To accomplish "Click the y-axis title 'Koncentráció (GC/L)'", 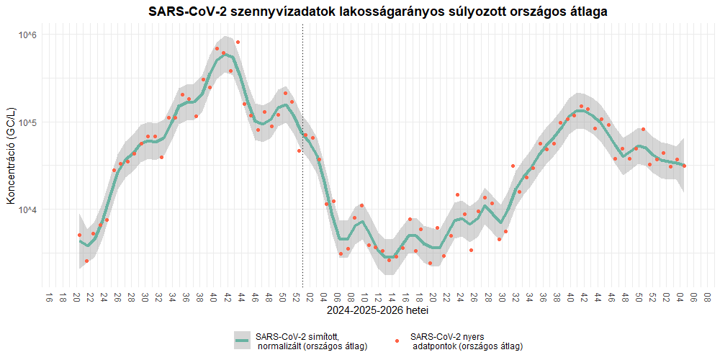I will tap(12, 159).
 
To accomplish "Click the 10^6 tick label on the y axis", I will tap(27, 35).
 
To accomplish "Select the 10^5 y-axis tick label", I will tap(27, 122).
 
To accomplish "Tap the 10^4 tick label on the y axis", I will tap(27, 210).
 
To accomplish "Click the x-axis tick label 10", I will tap(365, 297).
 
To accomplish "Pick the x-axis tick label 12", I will tap(379, 297).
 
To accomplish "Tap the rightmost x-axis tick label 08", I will tap(708, 297).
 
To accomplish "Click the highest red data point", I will tap(238, 42).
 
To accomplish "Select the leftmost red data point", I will tap(79, 235).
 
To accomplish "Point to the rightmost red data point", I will tap(684, 166).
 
